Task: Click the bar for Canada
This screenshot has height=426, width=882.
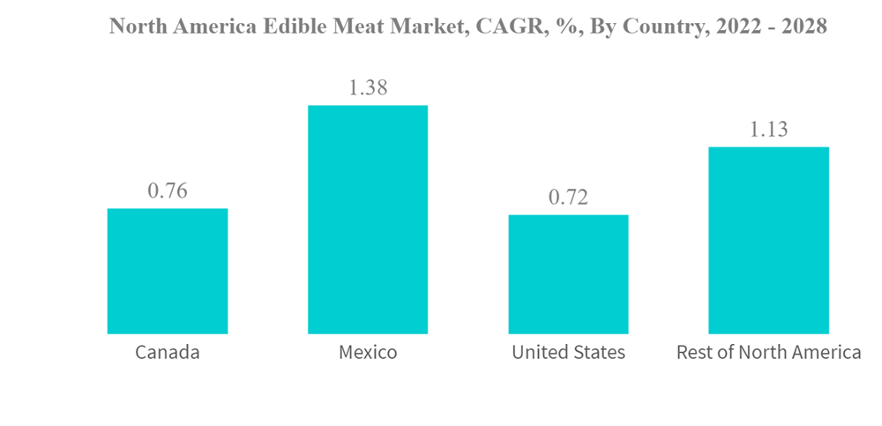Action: click(x=168, y=272)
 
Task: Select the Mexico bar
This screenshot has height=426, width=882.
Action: click(x=368, y=220)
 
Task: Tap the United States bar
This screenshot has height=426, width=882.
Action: click(x=568, y=274)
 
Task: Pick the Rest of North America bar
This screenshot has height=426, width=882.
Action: click(x=768, y=240)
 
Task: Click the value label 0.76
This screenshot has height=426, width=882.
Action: click(x=168, y=191)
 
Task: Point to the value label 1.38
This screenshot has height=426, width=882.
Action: click(x=368, y=87)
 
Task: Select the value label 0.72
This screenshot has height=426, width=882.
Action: click(x=568, y=198)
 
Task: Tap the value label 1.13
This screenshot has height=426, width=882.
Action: click(x=768, y=130)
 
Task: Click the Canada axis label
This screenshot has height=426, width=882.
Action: click(x=168, y=353)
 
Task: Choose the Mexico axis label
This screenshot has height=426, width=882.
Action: click(x=368, y=353)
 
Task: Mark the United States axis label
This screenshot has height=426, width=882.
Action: click(x=568, y=353)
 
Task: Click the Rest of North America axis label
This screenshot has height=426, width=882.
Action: click(x=768, y=353)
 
